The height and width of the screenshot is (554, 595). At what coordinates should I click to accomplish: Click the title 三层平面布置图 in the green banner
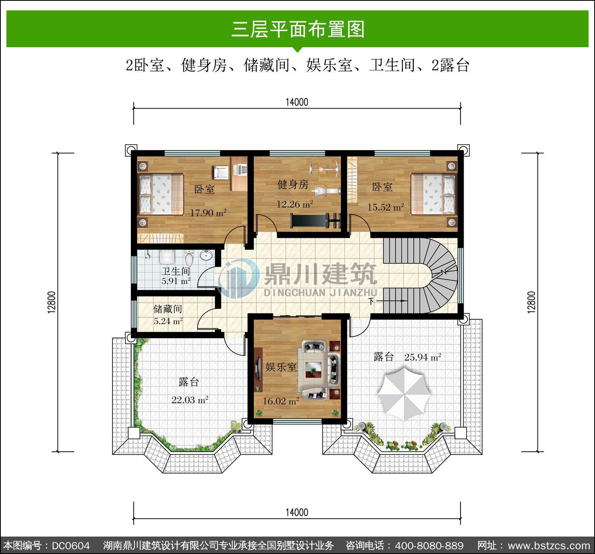(x=298, y=29)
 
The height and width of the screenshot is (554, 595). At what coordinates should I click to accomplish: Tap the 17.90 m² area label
(x=208, y=213)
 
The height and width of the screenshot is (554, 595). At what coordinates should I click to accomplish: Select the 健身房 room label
(x=293, y=184)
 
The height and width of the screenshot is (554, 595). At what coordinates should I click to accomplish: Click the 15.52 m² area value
(x=386, y=207)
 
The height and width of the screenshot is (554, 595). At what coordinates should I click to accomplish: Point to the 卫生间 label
(x=176, y=271)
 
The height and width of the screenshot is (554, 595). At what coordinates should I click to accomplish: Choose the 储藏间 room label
(x=168, y=309)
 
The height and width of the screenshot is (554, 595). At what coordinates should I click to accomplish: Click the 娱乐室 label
(x=281, y=367)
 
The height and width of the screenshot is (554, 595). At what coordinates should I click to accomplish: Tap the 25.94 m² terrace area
(x=423, y=357)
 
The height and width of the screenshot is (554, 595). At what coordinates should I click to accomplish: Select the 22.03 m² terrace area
(x=190, y=400)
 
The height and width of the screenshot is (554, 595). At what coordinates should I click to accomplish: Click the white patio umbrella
(x=404, y=394)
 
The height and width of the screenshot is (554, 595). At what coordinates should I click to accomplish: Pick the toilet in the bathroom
(x=189, y=258)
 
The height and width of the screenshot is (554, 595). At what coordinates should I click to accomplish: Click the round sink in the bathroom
(x=206, y=256)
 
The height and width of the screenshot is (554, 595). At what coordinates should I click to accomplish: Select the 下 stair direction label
(x=371, y=301)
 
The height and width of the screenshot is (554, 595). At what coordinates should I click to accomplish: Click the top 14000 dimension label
(x=297, y=102)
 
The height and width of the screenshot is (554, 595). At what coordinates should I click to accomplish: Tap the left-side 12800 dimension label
(x=52, y=302)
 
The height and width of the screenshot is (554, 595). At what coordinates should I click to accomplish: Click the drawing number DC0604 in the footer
(x=71, y=546)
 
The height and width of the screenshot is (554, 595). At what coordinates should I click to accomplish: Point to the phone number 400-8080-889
(x=429, y=546)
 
